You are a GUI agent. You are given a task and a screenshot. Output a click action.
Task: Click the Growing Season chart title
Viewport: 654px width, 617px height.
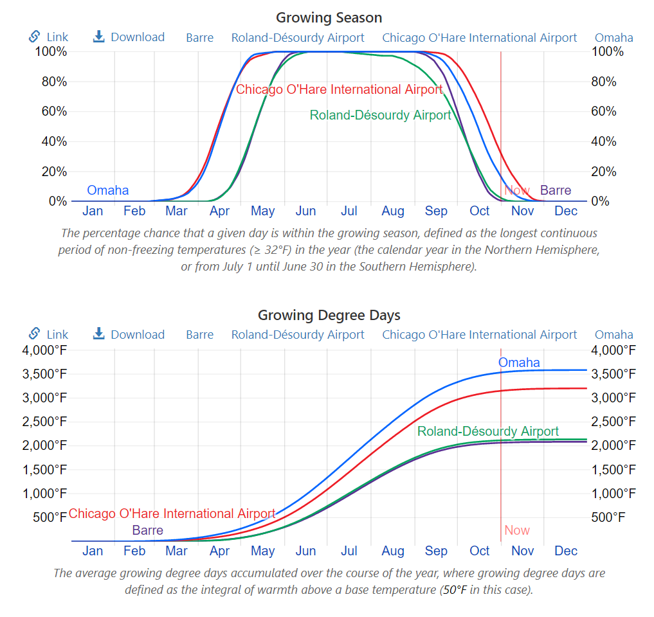[329, 17]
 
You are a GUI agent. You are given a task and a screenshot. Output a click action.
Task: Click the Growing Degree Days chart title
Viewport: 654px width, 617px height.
[329, 315]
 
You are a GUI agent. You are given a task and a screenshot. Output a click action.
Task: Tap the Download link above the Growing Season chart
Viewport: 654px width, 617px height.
[129, 37]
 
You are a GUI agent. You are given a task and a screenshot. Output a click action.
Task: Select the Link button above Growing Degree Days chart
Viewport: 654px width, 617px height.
[49, 334]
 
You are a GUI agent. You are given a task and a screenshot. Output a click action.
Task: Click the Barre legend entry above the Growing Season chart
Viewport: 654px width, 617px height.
[199, 37]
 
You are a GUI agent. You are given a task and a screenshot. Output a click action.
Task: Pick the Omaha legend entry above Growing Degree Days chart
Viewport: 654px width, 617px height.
[613, 334]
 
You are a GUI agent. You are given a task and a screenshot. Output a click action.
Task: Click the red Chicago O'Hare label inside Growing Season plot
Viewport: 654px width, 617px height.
[339, 89]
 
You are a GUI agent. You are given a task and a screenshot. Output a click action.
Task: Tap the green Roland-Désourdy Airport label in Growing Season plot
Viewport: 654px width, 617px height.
[380, 115]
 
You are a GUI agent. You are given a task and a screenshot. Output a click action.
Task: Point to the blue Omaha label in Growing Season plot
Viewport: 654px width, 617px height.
[107, 190]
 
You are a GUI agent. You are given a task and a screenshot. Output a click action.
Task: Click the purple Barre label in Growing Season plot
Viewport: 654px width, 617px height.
[556, 190]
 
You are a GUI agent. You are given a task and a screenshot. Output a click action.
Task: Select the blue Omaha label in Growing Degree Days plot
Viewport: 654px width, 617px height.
[519, 362]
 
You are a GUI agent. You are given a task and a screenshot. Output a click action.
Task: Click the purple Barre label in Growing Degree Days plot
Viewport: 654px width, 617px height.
[147, 530]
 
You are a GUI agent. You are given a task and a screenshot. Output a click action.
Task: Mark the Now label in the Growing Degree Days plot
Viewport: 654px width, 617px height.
[517, 530]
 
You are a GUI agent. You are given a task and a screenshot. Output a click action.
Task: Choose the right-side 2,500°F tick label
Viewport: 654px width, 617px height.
[613, 422]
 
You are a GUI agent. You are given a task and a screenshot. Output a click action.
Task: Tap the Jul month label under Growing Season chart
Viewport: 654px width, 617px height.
[349, 211]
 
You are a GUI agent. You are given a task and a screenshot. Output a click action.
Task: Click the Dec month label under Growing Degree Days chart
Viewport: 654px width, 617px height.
[566, 551]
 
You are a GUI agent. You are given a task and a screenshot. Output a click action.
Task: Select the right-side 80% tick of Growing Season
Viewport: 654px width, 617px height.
[603, 82]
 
